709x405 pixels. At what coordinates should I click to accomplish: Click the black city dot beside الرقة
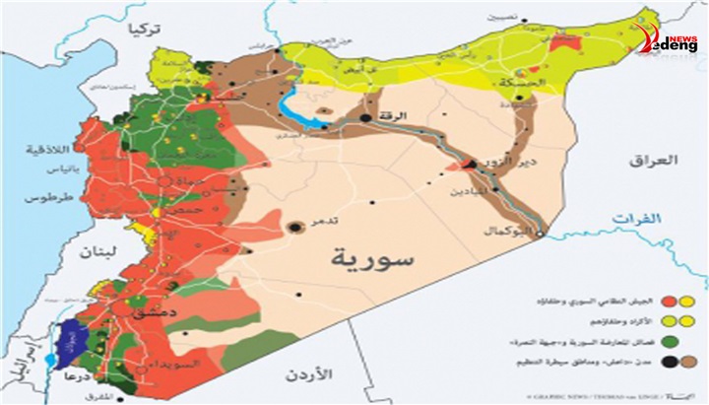365,118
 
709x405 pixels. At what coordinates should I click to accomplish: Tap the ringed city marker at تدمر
294,229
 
